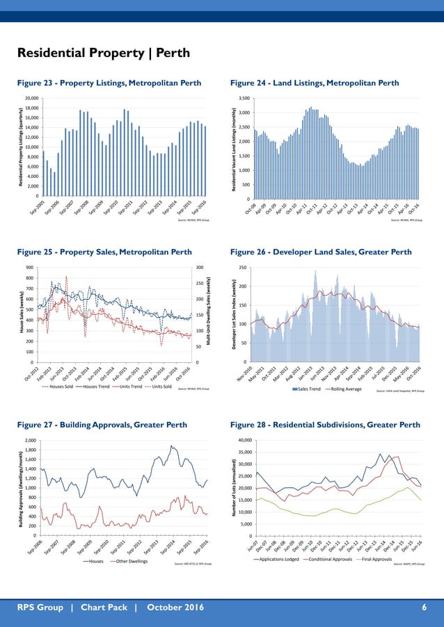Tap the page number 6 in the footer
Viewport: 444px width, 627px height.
425,609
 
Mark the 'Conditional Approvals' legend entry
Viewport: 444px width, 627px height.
328,560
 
